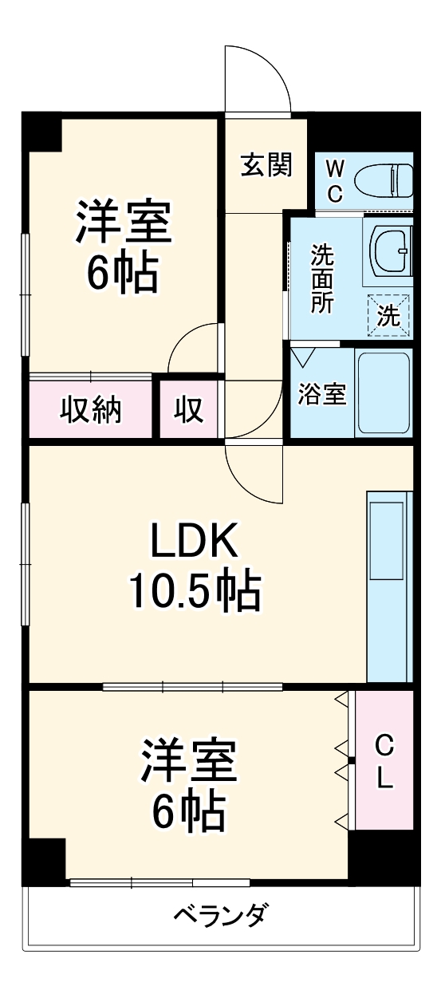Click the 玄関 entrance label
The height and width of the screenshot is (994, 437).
[266, 165]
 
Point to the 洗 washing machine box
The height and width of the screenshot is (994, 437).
[388, 315]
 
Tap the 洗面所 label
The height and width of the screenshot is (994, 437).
[322, 279]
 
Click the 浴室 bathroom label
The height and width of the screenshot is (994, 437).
[322, 393]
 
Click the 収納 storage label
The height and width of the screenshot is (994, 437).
[91, 410]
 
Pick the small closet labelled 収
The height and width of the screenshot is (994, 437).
[189, 410]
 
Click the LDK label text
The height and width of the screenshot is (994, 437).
[195, 542]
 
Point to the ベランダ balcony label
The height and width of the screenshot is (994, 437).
[220, 914]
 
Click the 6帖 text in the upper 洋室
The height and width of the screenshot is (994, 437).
[123, 274]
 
